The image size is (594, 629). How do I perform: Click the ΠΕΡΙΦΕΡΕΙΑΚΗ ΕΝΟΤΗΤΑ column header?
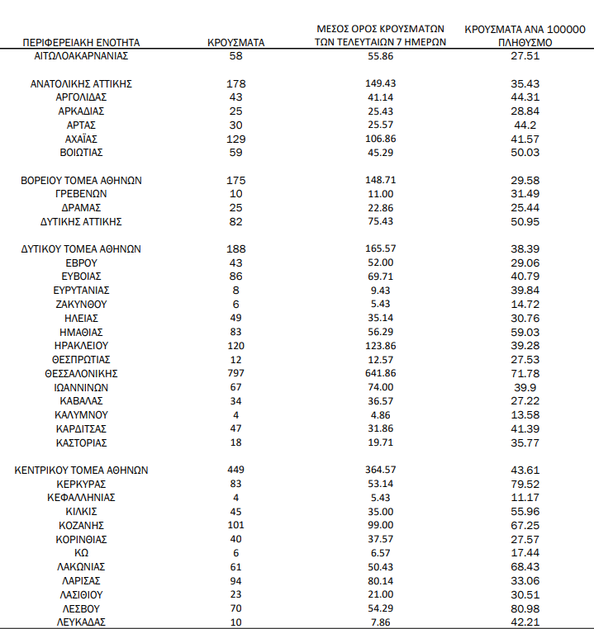(x=82, y=41)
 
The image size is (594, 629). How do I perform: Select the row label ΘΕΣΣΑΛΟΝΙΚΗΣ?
(x=82, y=373)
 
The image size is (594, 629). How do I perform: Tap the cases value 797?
(x=236, y=373)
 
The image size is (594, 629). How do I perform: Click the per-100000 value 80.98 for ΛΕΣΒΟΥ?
(x=526, y=608)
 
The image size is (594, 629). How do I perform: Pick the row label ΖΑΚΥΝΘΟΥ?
(x=82, y=304)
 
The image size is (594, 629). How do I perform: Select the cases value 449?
(x=236, y=470)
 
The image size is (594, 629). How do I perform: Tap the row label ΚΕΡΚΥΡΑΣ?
(x=82, y=484)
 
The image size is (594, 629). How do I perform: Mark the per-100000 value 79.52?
(x=526, y=484)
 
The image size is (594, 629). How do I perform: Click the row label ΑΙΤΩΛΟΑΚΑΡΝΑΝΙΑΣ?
(x=82, y=55)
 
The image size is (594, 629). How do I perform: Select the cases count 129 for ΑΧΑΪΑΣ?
(x=236, y=139)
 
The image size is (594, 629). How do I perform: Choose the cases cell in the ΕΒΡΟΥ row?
(x=236, y=262)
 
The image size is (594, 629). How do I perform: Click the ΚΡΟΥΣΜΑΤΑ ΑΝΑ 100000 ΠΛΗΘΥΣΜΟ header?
(x=525, y=35)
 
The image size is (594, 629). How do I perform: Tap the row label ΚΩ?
(x=82, y=553)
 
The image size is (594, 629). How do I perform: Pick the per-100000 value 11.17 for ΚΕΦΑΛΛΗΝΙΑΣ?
(x=526, y=498)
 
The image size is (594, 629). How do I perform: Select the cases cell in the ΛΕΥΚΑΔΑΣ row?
(x=236, y=622)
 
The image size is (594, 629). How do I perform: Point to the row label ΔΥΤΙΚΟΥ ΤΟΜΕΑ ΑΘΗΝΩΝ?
(x=82, y=248)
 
